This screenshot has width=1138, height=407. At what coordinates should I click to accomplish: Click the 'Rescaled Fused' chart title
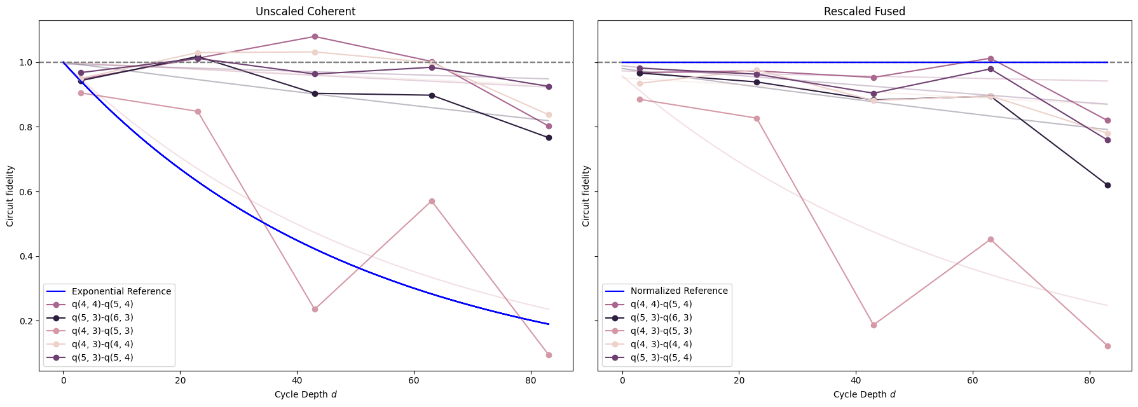point(864,11)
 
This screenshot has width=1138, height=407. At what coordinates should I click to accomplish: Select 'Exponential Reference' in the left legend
point(121,291)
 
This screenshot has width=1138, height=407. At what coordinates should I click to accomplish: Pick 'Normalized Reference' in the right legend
point(678,291)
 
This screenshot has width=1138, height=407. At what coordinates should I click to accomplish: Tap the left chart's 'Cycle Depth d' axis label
point(305,394)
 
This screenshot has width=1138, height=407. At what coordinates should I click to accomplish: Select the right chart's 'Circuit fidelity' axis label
point(586,196)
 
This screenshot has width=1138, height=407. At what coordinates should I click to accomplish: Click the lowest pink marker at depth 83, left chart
point(549,355)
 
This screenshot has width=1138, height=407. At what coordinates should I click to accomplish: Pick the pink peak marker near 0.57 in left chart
point(432,201)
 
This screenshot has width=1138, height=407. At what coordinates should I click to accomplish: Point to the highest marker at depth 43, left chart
point(315,37)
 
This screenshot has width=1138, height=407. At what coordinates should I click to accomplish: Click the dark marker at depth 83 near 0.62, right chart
point(1107,185)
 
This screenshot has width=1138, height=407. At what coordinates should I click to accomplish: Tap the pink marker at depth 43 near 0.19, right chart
point(874,325)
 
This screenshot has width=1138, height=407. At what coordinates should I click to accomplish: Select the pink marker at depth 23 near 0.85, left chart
point(198,111)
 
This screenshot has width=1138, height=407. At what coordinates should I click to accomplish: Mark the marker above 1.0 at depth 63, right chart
point(991,59)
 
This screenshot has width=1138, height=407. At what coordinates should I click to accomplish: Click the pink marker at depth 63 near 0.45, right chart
point(991,239)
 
